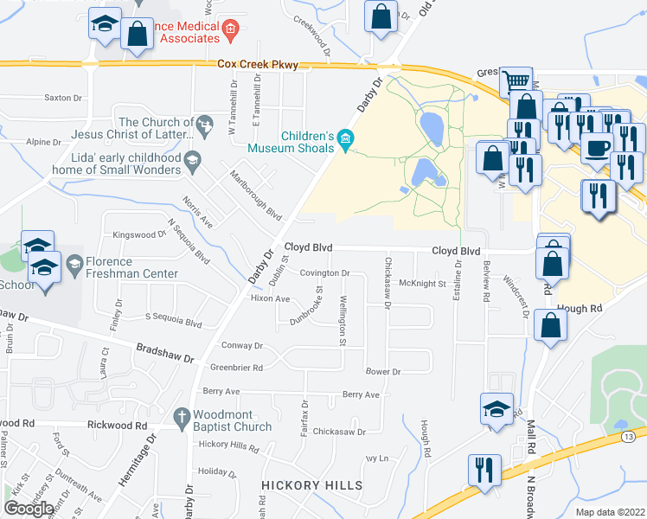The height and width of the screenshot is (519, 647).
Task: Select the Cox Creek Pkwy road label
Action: point(257,65)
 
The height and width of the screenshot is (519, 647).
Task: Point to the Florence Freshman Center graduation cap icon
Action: point(75,262)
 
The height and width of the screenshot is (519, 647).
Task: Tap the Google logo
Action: point(29,508)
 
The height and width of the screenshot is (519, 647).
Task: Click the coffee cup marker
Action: point(598,147)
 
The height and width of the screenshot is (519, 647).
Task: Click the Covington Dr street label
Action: point(324,272)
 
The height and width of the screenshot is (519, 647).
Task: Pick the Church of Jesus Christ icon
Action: point(204,126)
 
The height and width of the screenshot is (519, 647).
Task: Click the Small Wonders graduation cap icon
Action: point(194,158)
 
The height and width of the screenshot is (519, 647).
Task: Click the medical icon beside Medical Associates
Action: point(229,33)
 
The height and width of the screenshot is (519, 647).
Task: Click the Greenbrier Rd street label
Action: point(236,368)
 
